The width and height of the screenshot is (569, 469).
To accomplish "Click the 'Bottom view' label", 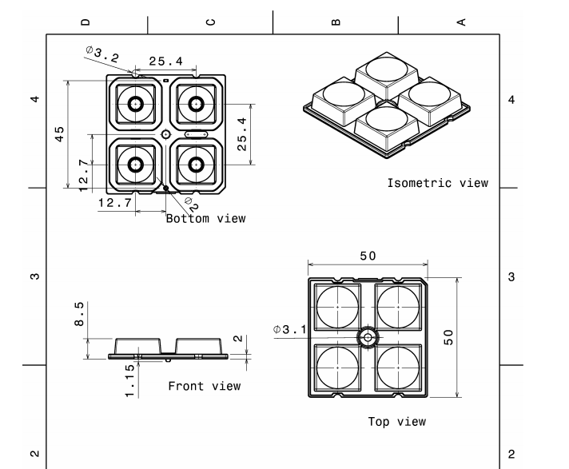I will click(x=205, y=218).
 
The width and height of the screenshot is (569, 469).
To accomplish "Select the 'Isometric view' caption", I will click(x=437, y=183).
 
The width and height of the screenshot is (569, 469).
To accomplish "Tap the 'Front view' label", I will click(x=204, y=387).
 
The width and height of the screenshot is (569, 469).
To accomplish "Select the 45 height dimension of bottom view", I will click(x=61, y=133).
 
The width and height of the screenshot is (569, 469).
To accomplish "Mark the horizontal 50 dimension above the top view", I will click(x=368, y=256).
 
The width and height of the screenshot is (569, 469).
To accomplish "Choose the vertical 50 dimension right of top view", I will click(x=449, y=336).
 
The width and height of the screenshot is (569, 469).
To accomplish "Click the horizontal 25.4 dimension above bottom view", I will click(x=166, y=61).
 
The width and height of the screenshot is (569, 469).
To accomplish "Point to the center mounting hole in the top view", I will click(x=368, y=338).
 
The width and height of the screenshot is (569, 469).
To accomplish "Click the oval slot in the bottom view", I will click(x=196, y=134).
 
